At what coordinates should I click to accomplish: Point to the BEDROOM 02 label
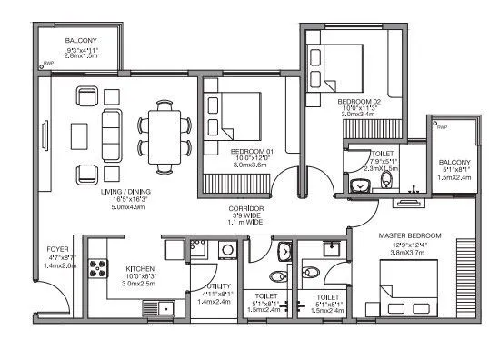(x=359, y=101)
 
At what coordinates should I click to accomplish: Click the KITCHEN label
(x=140, y=269)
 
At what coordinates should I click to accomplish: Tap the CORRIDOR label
(x=245, y=208)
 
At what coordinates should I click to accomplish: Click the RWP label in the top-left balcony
(x=46, y=64)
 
